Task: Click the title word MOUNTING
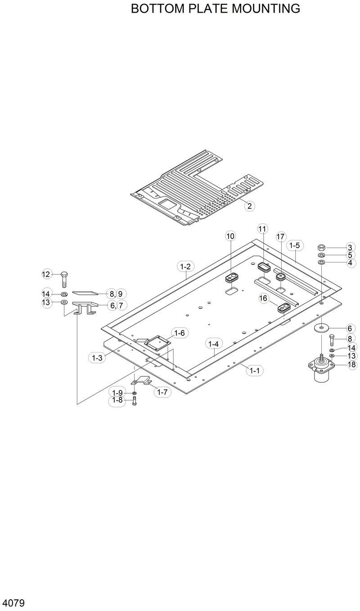[266, 9]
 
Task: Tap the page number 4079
[13, 602]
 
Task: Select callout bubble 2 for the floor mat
[249, 206]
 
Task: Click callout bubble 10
[230, 236]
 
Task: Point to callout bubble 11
[262, 229]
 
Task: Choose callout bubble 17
[281, 236]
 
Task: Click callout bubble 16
[264, 298]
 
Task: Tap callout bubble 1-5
[295, 245]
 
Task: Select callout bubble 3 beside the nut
[350, 247]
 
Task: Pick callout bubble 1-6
[179, 333]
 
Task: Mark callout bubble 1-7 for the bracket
[162, 392]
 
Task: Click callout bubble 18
[352, 365]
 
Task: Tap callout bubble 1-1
[255, 371]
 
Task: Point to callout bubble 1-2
[185, 267]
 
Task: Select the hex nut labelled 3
[322, 247]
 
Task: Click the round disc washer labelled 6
[322, 327]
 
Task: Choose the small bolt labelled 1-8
[134, 401]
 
